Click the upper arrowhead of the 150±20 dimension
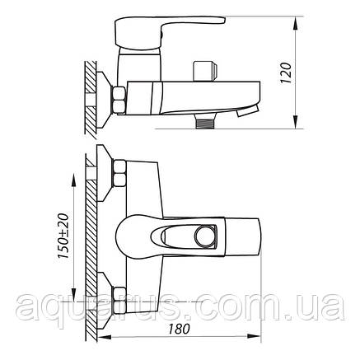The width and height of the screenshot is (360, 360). point(74,185)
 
